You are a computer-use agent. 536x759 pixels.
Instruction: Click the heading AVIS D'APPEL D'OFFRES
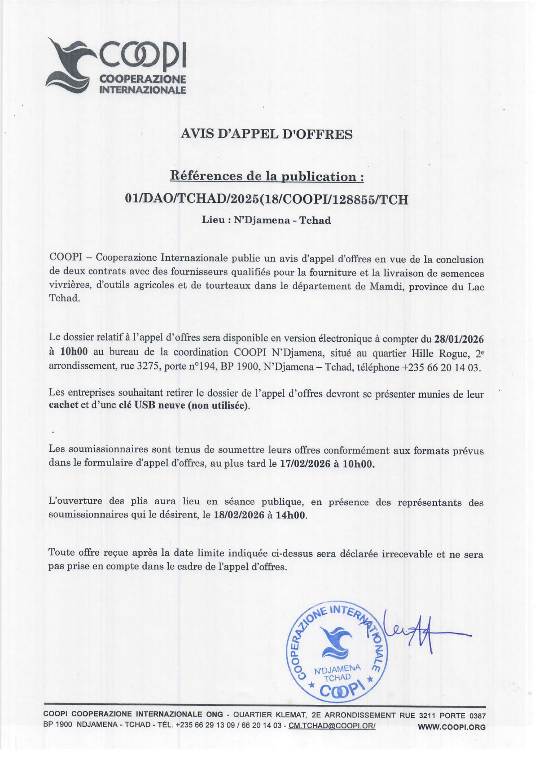[267, 134]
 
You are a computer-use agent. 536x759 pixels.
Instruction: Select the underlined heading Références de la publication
[267, 176]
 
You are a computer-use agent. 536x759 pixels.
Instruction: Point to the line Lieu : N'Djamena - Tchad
[266, 220]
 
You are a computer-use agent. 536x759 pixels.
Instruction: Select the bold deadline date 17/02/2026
[305, 464]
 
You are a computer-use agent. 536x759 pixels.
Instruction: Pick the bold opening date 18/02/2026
[239, 515]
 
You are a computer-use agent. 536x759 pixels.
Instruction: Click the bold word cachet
[64, 405]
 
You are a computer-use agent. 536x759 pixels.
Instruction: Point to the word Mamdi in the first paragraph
[387, 287]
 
